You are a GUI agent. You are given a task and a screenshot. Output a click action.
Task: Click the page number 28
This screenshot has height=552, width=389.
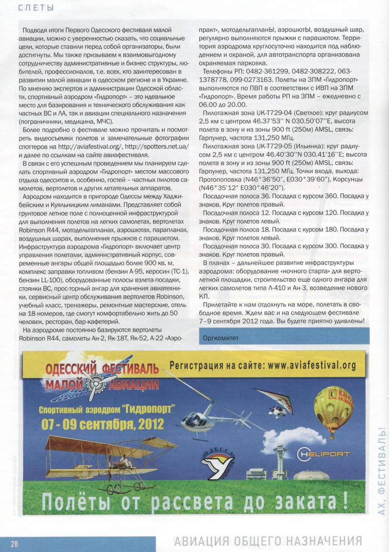tap(14, 544)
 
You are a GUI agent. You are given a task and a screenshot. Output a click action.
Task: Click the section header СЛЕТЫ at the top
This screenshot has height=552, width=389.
tap(36, 8)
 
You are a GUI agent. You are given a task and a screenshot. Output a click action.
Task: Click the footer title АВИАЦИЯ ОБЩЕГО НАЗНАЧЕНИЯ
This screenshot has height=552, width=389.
tap(268, 541)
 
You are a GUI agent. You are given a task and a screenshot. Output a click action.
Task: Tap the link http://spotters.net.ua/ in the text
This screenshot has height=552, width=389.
tap(157, 146)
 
